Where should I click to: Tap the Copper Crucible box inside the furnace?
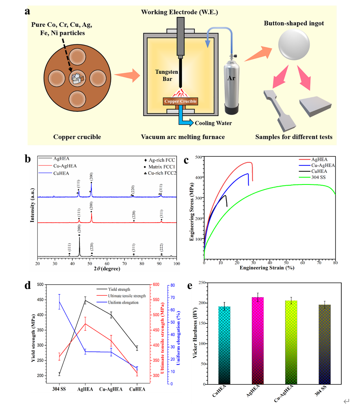pyautogui.click(x=180, y=101)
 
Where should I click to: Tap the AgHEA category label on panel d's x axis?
pyautogui.click(x=85, y=389)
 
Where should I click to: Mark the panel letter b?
pyautogui.click(x=28, y=158)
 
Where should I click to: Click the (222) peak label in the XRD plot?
pyautogui.click(x=162, y=246)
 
